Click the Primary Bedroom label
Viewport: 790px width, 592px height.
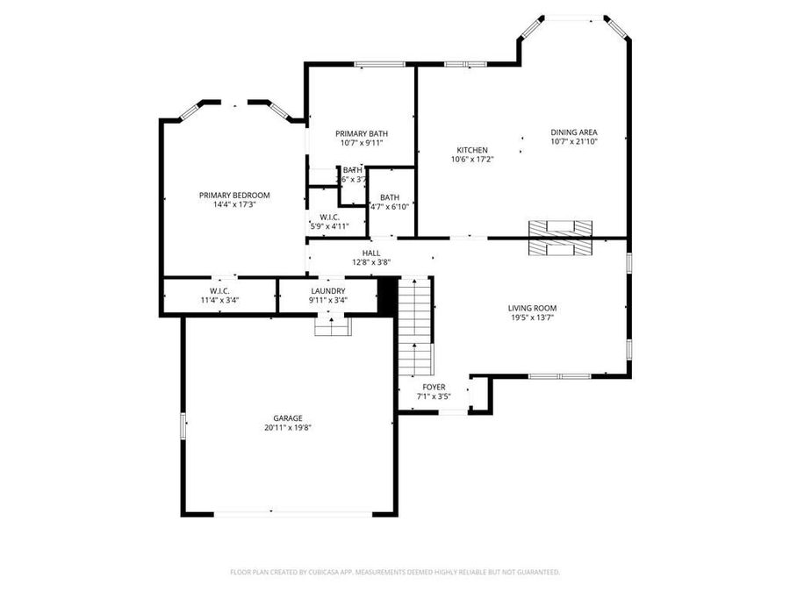234,195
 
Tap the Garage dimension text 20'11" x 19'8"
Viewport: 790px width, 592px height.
288,428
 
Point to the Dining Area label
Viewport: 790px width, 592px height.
574,132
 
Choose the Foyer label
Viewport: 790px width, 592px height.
434,387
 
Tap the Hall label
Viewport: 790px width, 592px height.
371,253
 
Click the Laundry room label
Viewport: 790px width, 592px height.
327,290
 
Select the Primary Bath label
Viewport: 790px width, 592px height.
362,133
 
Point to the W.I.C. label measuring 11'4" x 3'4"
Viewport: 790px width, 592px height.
219,290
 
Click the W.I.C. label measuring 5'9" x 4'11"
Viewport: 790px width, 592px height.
330,217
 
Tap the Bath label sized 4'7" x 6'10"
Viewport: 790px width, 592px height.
390,197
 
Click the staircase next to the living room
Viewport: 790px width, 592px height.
416,325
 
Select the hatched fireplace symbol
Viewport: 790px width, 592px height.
559,238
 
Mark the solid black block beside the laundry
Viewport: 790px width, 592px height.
385,295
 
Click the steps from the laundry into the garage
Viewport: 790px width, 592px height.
332,326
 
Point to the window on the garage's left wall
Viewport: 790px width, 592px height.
183,425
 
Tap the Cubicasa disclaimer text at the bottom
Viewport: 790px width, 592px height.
395,572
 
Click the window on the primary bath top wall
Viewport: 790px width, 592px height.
373,63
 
